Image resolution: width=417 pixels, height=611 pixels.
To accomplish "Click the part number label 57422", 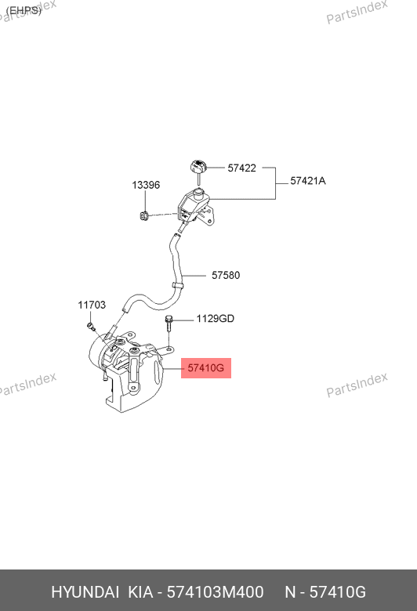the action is point(242,168).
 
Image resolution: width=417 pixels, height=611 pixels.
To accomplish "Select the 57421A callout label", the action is point(308,181).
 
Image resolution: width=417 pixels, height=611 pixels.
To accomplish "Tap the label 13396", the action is point(146,185).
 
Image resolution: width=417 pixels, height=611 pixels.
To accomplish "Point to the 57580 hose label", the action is point(226,275).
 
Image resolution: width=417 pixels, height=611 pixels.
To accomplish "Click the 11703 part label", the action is point(92,305).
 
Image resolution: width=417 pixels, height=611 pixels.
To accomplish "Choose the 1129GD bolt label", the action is point(216,319).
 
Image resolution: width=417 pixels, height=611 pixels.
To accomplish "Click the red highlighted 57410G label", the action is point(206,368).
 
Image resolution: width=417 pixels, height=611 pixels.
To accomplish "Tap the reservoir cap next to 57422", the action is point(198,167).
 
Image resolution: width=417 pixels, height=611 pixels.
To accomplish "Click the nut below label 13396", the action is point(144,215).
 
